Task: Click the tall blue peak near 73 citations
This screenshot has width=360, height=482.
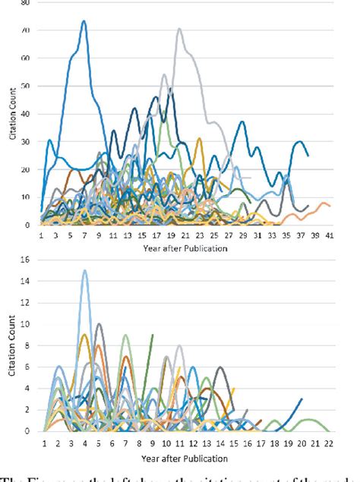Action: pyautogui.click(x=84, y=21)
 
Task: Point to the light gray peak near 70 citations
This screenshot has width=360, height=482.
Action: pyautogui.click(x=179, y=30)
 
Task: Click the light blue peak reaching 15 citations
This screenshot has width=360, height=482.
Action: pyautogui.click(x=84, y=270)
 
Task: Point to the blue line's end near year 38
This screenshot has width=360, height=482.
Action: pyautogui.click(x=308, y=156)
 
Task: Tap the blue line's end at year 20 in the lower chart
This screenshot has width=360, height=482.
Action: pyautogui.click(x=302, y=399)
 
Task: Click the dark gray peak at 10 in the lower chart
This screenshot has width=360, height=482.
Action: pyautogui.click(x=99, y=324)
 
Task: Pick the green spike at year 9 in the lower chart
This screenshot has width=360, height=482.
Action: pyautogui.click(x=153, y=335)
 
